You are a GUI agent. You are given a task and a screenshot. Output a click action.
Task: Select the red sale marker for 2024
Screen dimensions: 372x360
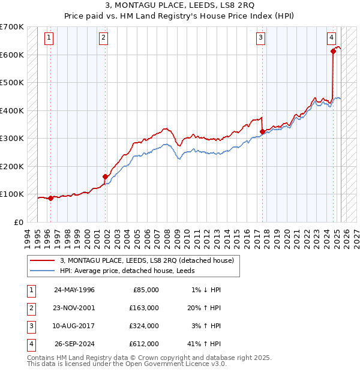333,52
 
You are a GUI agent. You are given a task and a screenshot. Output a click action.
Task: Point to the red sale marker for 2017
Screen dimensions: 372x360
262,131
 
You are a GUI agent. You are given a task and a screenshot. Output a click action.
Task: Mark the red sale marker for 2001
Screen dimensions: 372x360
105,176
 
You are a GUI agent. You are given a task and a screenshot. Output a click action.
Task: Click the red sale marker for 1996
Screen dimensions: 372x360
50,199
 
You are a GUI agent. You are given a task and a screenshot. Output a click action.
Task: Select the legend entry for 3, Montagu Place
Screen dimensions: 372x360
150,260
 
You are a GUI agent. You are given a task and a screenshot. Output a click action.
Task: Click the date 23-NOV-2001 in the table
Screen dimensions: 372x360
74,307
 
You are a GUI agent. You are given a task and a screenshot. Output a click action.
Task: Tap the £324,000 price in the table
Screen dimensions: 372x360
144,326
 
